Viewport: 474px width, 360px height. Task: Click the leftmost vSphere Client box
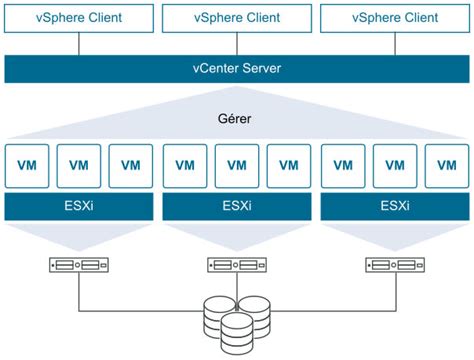[x=78, y=17]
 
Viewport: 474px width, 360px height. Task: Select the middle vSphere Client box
[x=236, y=17]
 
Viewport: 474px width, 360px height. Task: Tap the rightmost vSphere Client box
[x=394, y=17]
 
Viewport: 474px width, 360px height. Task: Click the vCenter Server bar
[x=236, y=69]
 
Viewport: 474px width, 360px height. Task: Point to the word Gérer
[x=236, y=117]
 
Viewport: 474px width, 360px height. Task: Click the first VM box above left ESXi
[x=27, y=164]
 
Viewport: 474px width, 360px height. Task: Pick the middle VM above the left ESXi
[x=78, y=164]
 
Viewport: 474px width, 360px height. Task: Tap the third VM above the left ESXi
[x=130, y=164]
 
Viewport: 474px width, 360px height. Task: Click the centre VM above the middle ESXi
[x=236, y=164]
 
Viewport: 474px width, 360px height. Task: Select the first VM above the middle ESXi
[x=185, y=164]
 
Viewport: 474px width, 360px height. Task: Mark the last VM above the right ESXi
[x=446, y=164]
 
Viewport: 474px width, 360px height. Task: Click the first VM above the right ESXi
[x=343, y=164]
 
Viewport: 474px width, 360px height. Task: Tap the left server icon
[x=78, y=266]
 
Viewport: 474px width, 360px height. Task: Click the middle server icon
[x=236, y=266]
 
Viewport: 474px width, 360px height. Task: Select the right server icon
[x=394, y=266]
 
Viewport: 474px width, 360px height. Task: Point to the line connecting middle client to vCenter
[x=236, y=44]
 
